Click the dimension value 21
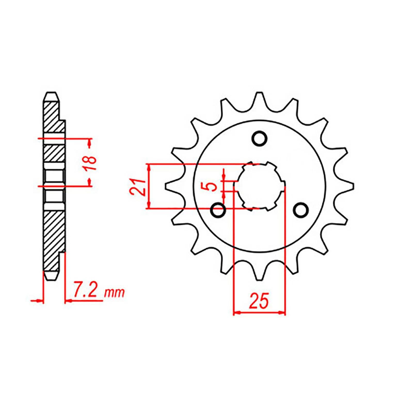coord(138,187)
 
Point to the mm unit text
coord(114,293)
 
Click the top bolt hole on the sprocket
coord(259,139)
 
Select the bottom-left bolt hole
coord(218,210)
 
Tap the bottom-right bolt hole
coord(301,210)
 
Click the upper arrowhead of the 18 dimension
coord(90,142)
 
